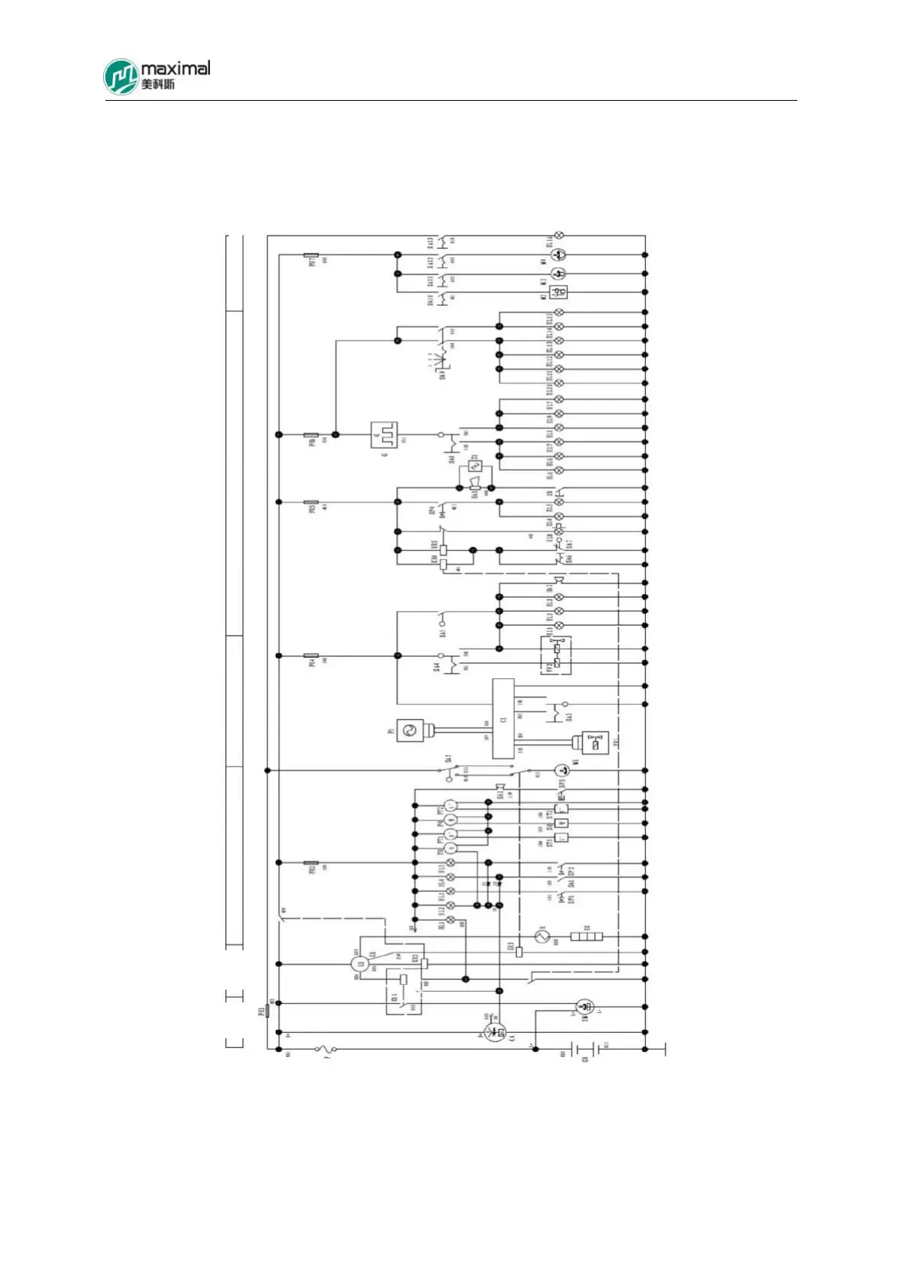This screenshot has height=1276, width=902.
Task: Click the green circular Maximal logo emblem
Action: click(121, 77)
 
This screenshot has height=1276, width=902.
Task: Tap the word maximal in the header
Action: click(175, 68)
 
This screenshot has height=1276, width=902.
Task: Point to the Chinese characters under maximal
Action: click(158, 84)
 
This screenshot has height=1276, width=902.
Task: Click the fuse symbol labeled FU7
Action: click(311, 255)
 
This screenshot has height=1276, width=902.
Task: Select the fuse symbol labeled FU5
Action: click(311, 502)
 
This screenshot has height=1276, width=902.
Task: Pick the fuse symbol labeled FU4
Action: click(311, 655)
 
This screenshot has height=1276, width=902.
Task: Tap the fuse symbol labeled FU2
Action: click(311, 862)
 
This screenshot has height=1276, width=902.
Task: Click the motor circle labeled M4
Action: click(559, 255)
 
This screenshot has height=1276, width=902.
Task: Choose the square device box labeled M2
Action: click(559, 292)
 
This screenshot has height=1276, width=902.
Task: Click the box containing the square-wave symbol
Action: click(384, 435)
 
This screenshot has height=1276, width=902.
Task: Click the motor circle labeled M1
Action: click(561, 771)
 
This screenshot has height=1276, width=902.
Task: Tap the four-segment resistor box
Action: click(587, 937)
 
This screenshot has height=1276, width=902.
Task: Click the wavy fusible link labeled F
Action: click(326, 1049)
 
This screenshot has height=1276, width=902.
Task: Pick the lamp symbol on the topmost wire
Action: click(559, 236)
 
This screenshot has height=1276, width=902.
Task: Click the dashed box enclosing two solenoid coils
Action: click(556, 655)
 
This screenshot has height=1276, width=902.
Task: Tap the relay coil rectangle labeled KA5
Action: click(443, 550)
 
